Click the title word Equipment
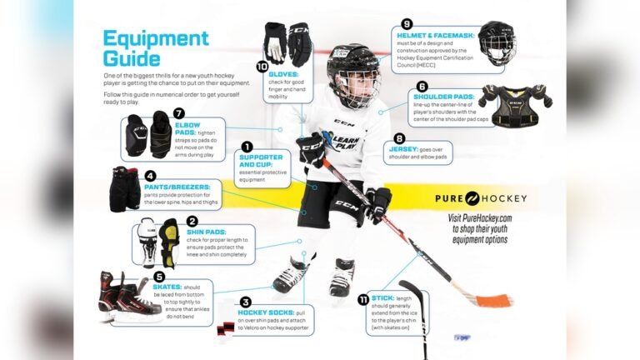[x=155, y=38]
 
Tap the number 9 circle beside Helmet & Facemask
[x=407, y=23]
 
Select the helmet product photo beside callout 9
[x=496, y=43]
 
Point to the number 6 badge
[x=422, y=86]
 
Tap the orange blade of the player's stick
[x=497, y=299]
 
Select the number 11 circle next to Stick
[x=364, y=299]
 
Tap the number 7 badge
[x=179, y=113]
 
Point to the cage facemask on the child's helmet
[x=353, y=86]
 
